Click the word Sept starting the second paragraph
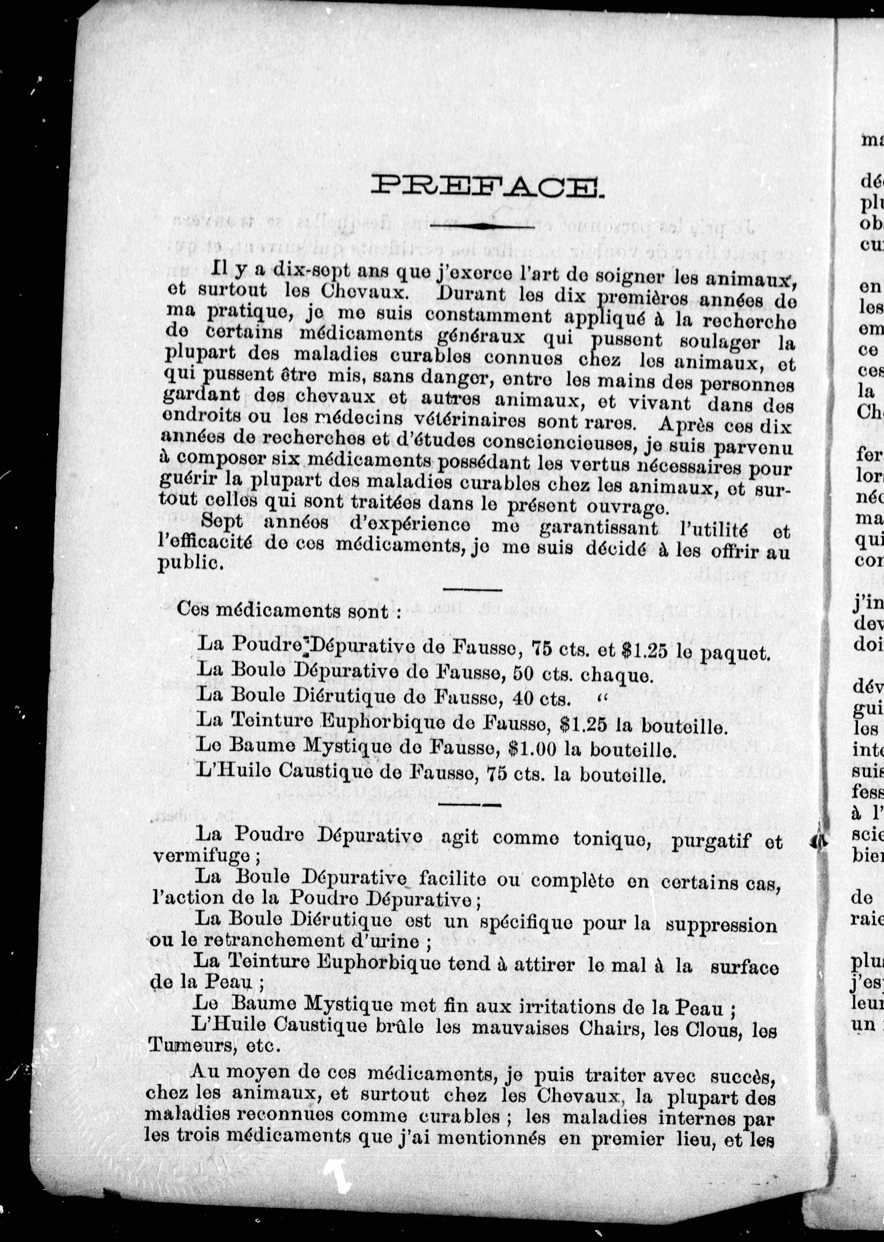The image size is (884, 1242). [222, 522]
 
